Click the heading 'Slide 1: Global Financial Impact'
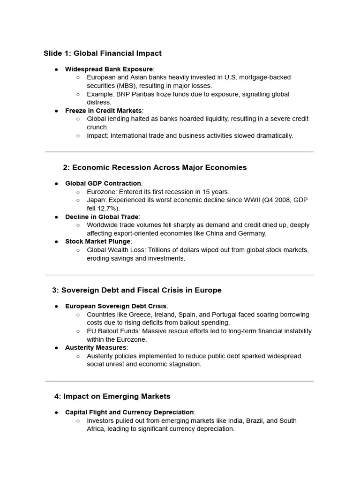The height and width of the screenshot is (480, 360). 102,53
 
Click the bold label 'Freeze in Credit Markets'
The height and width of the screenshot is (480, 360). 103,111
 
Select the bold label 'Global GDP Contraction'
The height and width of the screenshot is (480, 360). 103,183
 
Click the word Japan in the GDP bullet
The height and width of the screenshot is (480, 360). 96,200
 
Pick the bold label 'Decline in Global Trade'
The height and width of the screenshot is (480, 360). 102,217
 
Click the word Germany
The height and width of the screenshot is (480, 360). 252,233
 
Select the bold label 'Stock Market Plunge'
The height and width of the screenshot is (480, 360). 97,241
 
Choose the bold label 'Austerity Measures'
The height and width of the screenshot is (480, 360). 96,347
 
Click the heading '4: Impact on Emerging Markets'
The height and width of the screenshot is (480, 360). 112,396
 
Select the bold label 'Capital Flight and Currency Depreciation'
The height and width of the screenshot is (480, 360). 129,412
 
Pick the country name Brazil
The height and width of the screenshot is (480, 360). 241,421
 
